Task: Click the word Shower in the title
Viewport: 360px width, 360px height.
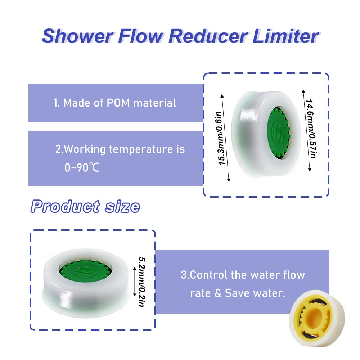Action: [78, 36]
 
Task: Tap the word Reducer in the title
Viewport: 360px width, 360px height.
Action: [208, 36]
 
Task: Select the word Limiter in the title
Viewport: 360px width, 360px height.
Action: [285, 36]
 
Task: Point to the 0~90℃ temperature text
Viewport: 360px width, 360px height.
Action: [82, 168]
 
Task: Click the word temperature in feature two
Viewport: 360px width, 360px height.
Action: [141, 149]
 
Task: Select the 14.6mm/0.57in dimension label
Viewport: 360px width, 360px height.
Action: [311, 129]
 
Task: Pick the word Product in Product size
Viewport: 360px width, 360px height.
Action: [65, 206]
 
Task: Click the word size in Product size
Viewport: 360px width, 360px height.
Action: [122, 207]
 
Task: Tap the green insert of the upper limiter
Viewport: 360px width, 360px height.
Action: [278, 133]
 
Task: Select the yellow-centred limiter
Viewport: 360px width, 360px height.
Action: [316, 318]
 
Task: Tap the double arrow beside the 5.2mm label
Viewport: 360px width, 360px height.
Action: [135, 282]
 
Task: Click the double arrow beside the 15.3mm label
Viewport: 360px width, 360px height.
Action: [225, 138]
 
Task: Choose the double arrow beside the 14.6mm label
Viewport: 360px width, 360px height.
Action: [306, 130]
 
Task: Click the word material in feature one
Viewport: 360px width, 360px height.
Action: [154, 103]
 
